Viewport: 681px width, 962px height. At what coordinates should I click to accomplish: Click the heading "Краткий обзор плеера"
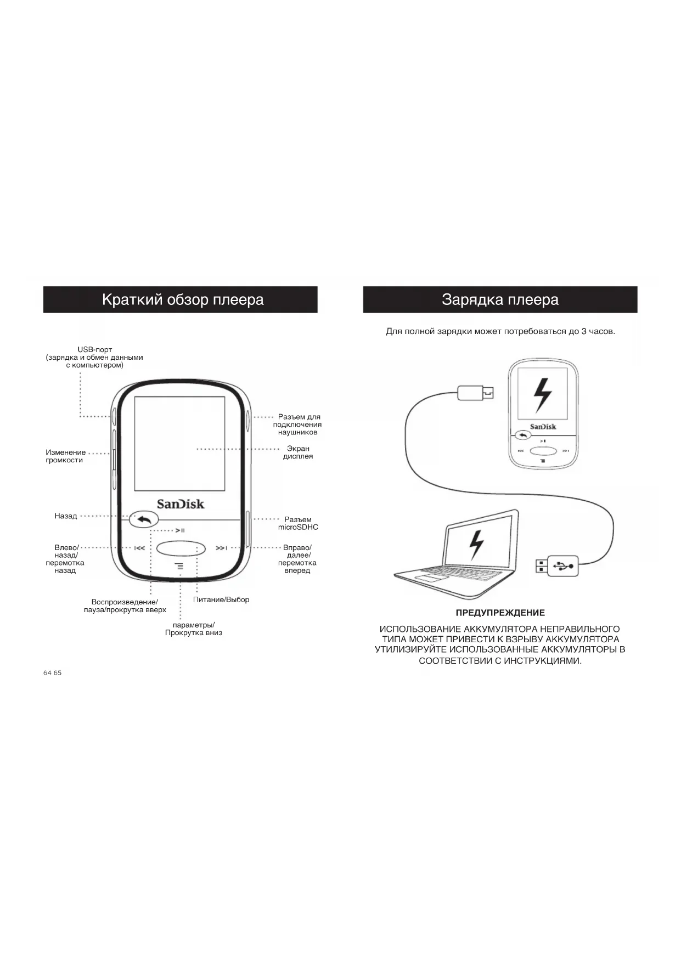(x=183, y=300)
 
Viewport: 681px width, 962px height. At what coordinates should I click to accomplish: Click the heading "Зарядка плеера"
(x=500, y=300)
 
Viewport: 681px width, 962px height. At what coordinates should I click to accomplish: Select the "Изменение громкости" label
(x=65, y=456)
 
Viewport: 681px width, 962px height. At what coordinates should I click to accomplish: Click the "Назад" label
(x=66, y=516)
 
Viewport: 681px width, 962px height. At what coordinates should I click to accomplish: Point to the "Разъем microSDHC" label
(x=298, y=523)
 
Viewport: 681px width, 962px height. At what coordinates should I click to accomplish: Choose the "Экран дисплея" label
(x=298, y=452)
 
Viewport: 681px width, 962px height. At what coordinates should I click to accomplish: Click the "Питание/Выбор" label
(x=221, y=599)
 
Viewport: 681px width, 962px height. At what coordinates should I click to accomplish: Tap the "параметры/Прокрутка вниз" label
(x=194, y=629)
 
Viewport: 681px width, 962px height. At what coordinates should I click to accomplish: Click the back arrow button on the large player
(x=144, y=519)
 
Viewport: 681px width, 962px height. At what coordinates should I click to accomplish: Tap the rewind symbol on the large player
(x=140, y=548)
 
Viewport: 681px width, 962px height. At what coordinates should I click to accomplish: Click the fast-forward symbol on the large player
(x=221, y=548)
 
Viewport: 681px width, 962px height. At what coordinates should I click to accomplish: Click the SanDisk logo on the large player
(x=181, y=503)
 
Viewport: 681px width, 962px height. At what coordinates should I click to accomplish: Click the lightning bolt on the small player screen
(x=543, y=395)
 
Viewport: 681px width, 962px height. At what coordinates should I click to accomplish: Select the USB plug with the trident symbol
(x=558, y=565)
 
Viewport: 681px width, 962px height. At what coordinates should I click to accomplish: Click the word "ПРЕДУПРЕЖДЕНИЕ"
(x=500, y=613)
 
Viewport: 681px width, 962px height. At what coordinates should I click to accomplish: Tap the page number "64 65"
(x=53, y=673)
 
